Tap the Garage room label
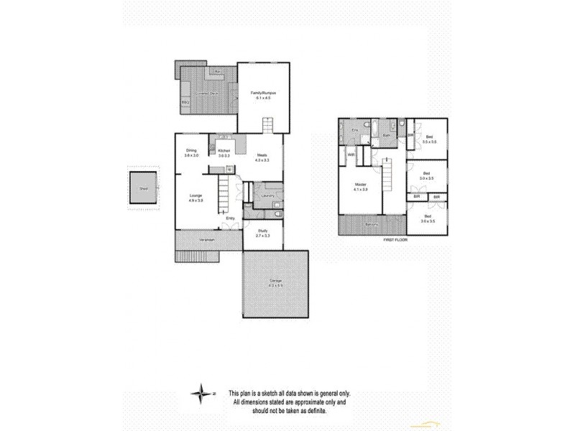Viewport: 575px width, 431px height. coord(275,279)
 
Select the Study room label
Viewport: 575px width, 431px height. coord(262,231)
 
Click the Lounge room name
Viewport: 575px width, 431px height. coord(195,195)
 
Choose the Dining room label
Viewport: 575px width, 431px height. coord(191,150)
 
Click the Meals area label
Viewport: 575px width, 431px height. coord(262,156)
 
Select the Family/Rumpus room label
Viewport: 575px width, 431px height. coord(264,93)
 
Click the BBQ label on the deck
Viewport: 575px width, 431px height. coord(185,102)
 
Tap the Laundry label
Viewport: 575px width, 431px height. coord(267,195)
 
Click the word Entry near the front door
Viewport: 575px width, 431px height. coord(230,218)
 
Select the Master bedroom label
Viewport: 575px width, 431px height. coord(361,185)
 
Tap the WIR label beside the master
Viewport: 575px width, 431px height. coord(352,154)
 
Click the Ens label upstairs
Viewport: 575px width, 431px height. coord(354,129)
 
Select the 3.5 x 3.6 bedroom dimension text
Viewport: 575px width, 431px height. coord(430,142)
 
